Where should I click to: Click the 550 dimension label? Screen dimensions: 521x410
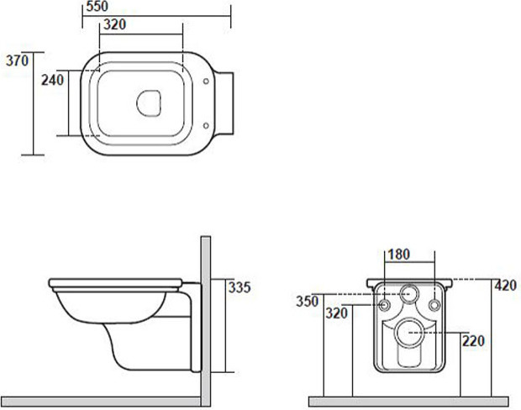[x=97, y=7]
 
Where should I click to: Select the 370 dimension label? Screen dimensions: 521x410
[x=18, y=60]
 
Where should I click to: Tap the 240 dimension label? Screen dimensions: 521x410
[x=52, y=80]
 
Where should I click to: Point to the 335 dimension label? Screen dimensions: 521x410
[x=239, y=287]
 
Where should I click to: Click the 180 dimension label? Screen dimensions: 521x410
[x=398, y=255]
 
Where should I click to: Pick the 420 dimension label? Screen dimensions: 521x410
[x=506, y=286]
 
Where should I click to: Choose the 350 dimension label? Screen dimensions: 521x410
[x=308, y=302]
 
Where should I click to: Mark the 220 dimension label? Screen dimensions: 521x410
[x=473, y=341]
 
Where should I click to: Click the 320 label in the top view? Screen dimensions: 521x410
[x=114, y=24]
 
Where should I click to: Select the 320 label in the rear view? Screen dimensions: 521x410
[x=336, y=313]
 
